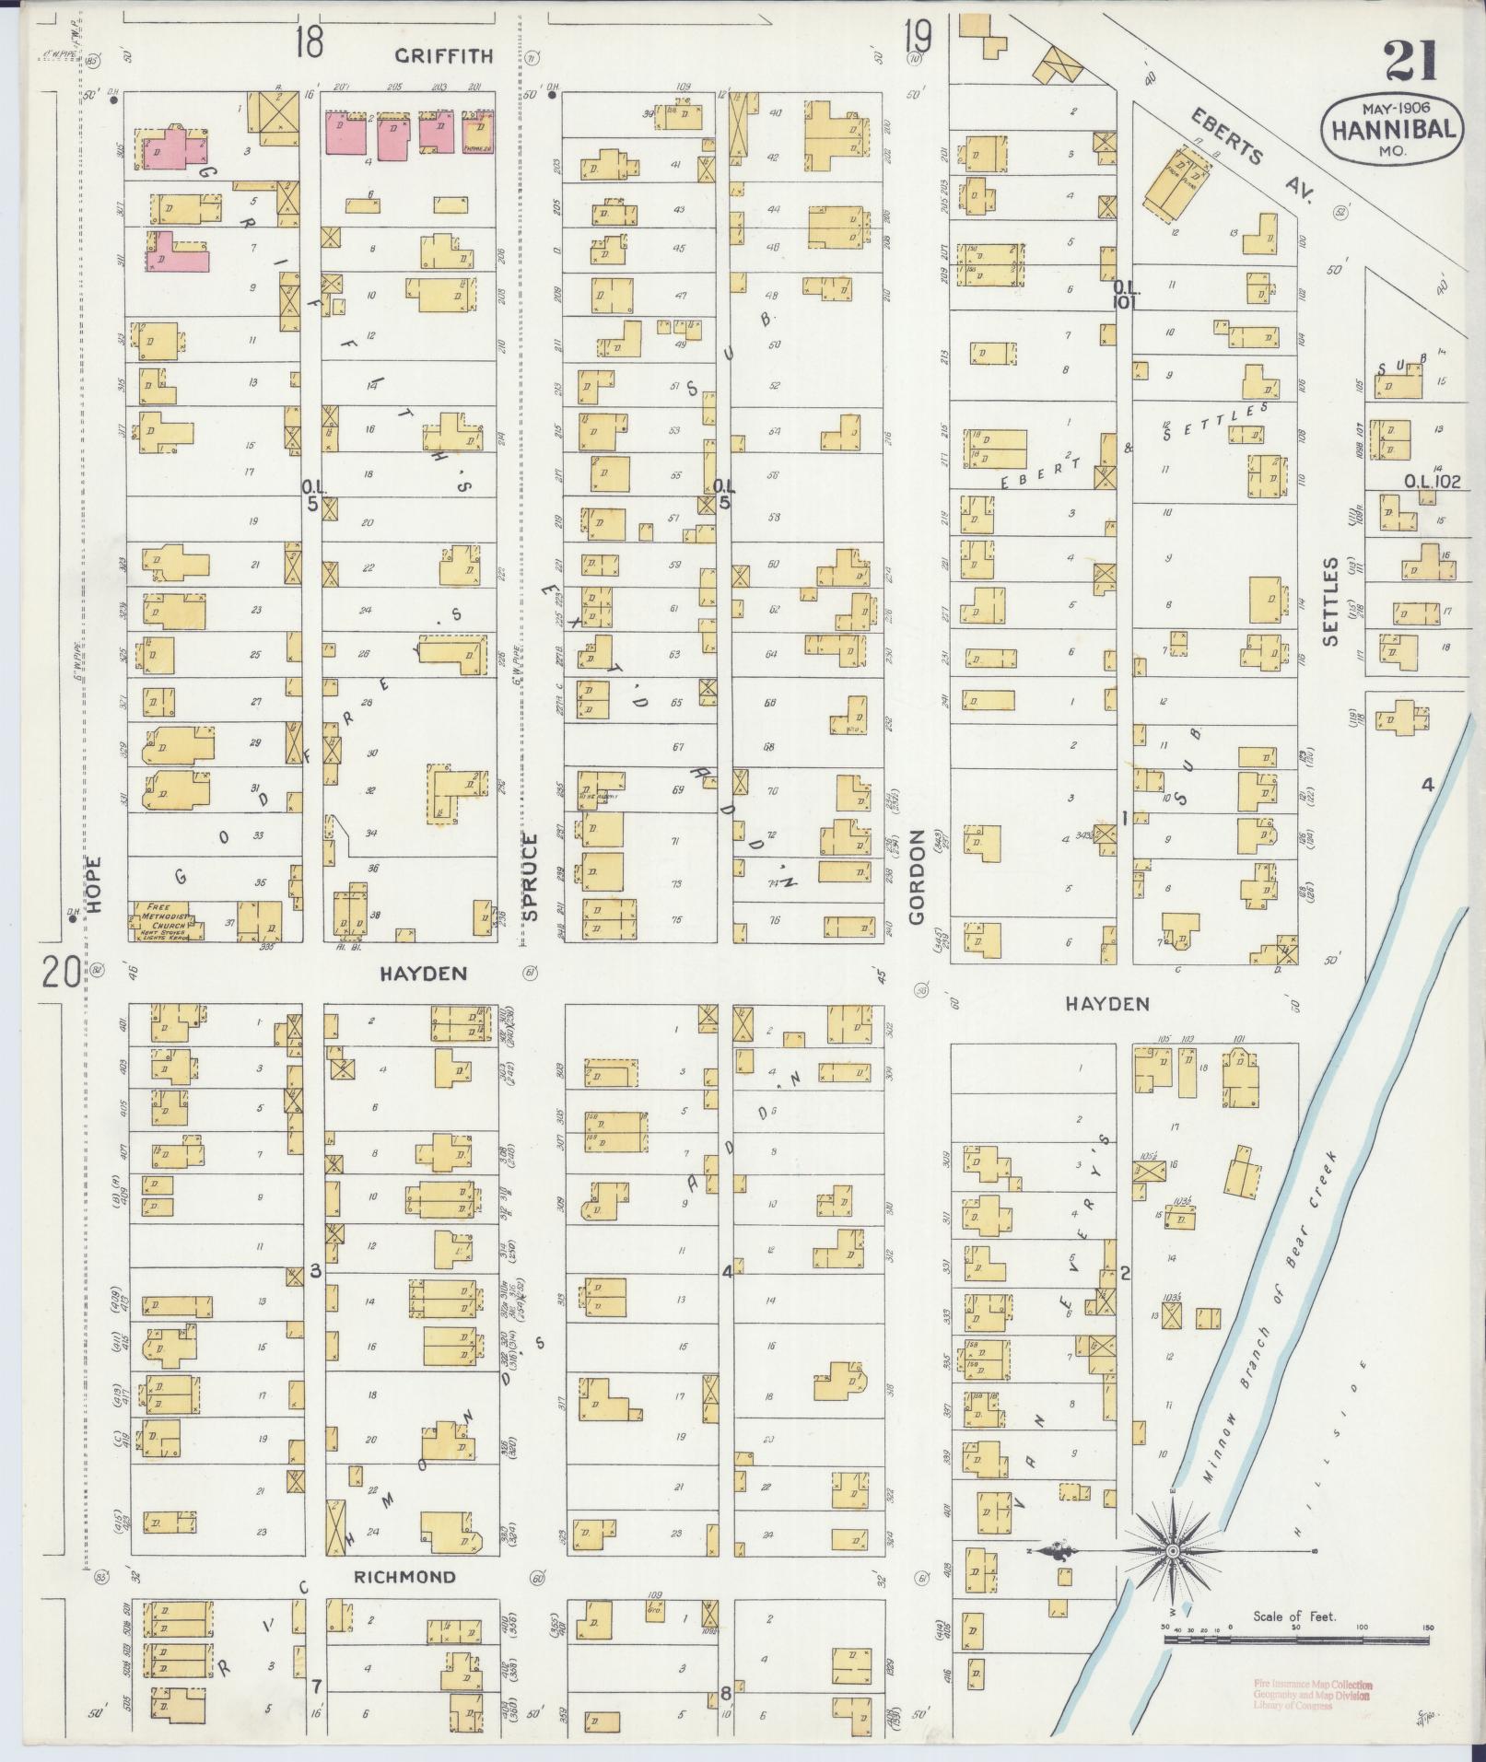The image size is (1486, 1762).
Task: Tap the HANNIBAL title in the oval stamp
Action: pyautogui.click(x=1391, y=129)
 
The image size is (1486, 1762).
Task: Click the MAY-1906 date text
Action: pyautogui.click(x=1391, y=107)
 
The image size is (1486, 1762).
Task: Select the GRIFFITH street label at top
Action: pyautogui.click(x=444, y=56)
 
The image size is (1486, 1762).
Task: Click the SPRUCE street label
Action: pyautogui.click(x=530, y=877)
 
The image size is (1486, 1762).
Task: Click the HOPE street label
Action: pyautogui.click(x=96, y=885)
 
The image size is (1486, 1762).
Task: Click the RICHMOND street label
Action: pyautogui.click(x=405, y=1577)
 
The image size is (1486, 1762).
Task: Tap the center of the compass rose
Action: pyautogui.click(x=1174, y=1552)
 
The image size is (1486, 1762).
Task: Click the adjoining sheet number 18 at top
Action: pyautogui.click(x=310, y=41)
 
